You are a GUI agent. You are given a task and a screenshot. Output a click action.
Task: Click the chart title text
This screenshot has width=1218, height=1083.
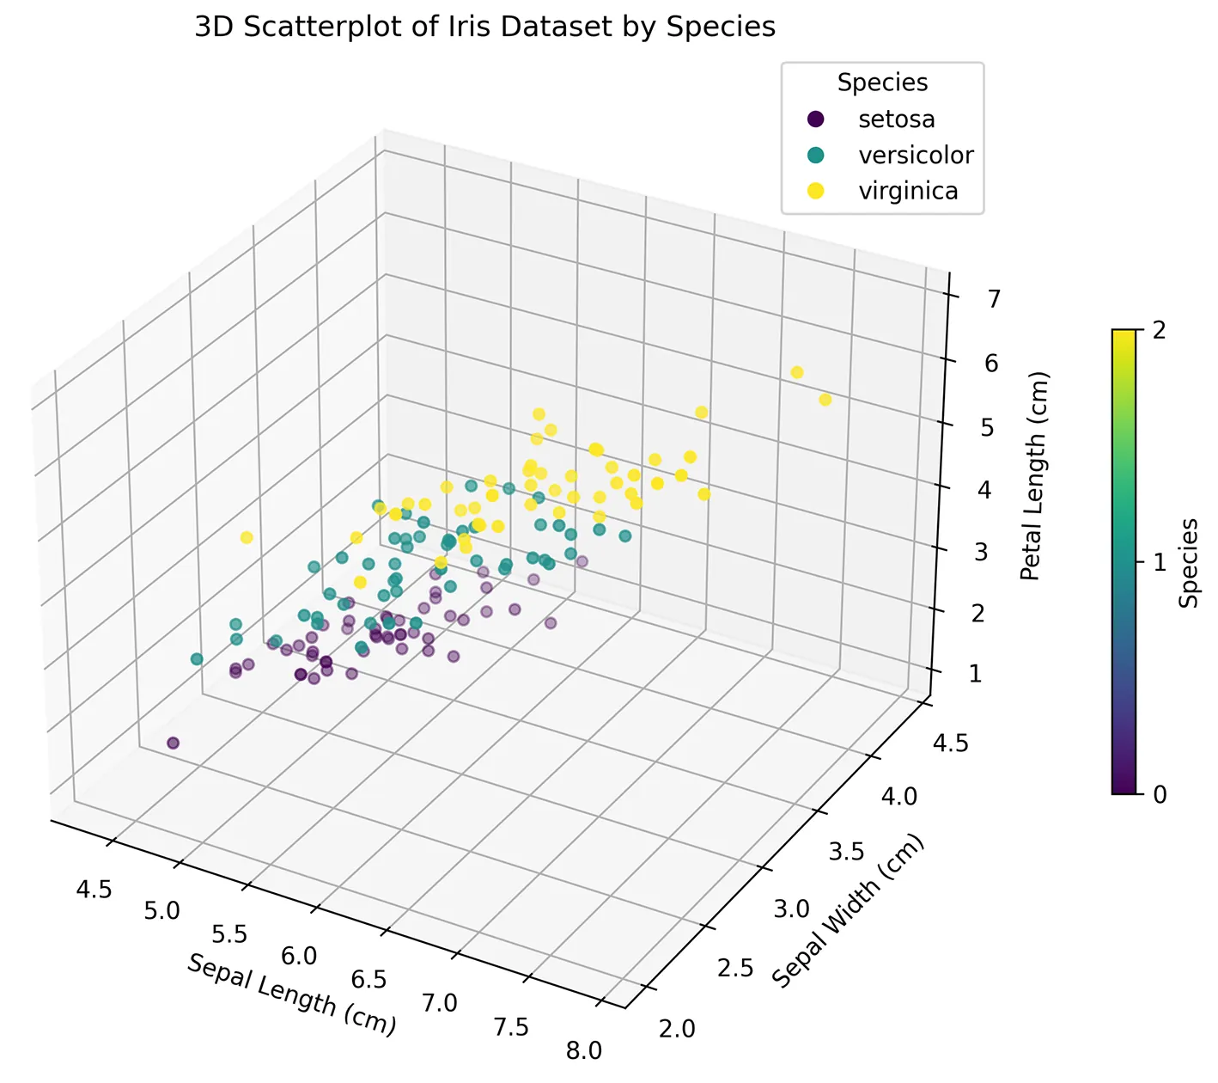click(x=484, y=28)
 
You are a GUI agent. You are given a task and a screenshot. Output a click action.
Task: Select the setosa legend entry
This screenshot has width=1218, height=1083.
click(x=896, y=119)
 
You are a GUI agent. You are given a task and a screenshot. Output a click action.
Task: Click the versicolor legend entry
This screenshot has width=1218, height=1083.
click(x=916, y=155)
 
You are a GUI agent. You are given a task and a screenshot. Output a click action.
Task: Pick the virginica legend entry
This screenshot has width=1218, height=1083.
click(x=908, y=191)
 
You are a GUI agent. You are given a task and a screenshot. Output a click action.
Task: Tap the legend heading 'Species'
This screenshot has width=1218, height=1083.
click(x=882, y=83)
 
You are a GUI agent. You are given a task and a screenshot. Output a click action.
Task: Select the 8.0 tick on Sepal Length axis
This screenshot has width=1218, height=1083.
click(x=583, y=1050)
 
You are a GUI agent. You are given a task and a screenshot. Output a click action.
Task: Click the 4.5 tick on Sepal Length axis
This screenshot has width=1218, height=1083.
click(x=94, y=889)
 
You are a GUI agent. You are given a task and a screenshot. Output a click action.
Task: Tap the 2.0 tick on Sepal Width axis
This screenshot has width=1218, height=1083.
click(x=675, y=1028)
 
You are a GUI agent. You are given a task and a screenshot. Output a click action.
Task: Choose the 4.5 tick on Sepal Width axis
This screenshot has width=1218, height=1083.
click(x=950, y=742)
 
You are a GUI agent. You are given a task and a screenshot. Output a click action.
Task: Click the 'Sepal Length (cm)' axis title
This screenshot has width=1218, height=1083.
click(x=291, y=994)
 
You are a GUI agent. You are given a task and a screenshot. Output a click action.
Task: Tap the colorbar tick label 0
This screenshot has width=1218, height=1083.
click(x=1159, y=794)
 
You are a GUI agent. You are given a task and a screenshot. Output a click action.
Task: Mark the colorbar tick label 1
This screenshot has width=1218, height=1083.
click(x=1159, y=562)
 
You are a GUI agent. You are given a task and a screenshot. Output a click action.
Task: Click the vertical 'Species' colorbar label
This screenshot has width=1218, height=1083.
click(x=1189, y=562)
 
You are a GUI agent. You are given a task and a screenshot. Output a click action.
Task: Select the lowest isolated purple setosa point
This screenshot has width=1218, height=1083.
click(x=173, y=743)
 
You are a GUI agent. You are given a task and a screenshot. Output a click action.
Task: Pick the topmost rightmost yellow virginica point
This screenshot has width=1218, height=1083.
click(x=796, y=372)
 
